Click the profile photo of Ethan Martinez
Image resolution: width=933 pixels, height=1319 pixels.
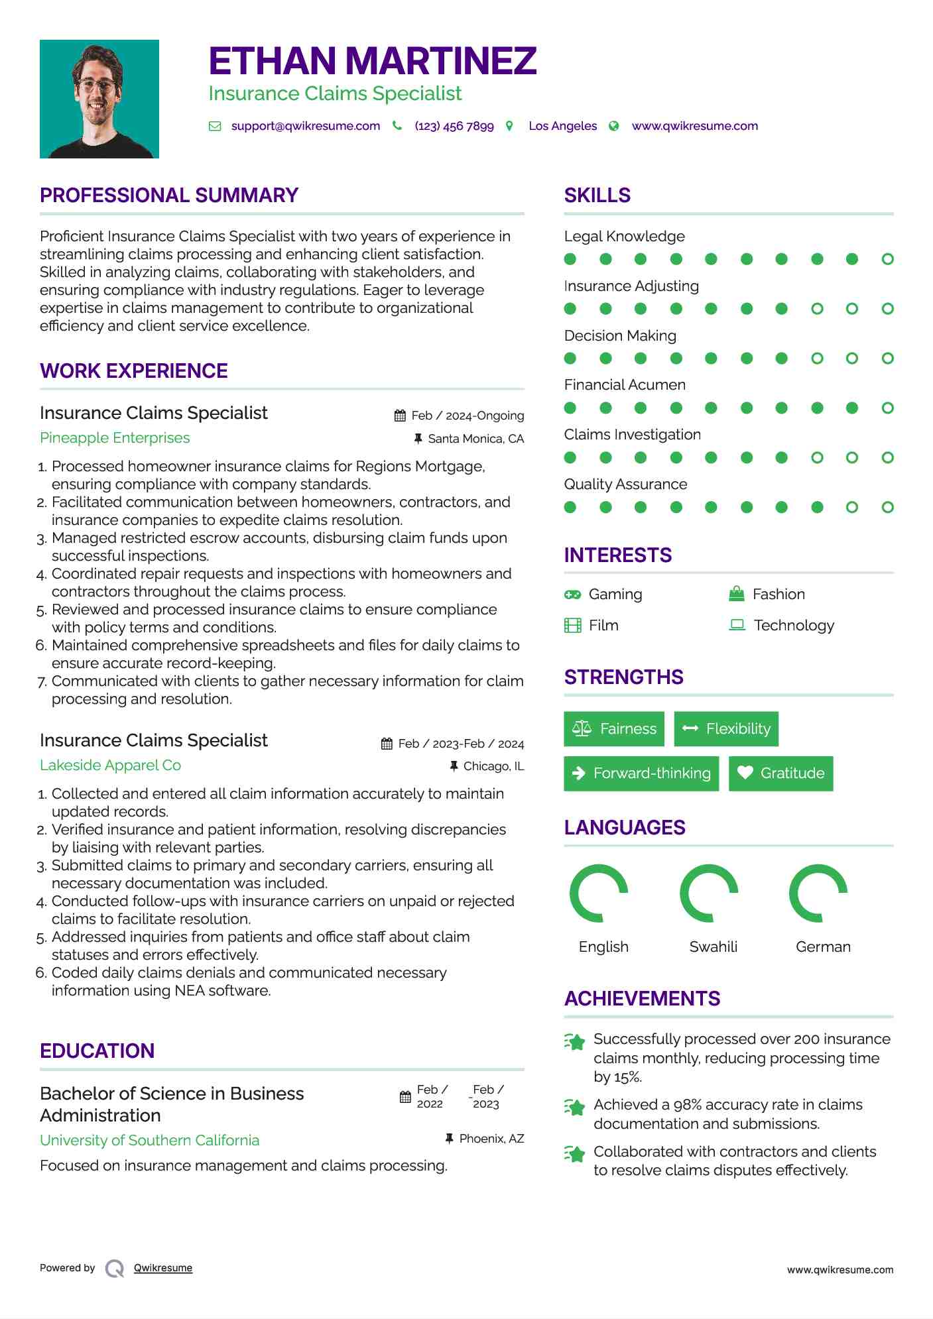click(99, 99)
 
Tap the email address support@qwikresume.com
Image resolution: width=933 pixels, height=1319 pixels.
click(305, 126)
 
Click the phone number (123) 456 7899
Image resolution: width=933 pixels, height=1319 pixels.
click(454, 126)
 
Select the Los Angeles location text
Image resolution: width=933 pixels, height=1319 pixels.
click(562, 126)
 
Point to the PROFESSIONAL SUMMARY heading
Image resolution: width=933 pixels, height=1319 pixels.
click(169, 196)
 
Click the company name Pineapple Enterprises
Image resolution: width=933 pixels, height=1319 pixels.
click(115, 438)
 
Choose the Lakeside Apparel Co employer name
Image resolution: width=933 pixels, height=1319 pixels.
click(110, 766)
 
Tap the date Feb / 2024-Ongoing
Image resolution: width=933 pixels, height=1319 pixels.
click(467, 416)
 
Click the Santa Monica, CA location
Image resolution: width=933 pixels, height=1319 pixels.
click(475, 439)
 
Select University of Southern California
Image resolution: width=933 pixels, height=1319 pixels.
click(149, 1141)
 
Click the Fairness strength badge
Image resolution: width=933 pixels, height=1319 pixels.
click(614, 729)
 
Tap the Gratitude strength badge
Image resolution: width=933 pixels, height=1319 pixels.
click(780, 774)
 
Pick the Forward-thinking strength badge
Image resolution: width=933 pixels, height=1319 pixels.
click(641, 774)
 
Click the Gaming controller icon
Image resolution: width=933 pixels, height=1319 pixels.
click(572, 595)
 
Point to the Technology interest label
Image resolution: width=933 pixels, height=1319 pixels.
click(794, 626)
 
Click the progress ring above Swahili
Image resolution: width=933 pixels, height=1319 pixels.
click(709, 893)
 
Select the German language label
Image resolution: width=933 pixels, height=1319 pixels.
click(823, 947)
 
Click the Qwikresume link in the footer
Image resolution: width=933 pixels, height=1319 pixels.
click(163, 1268)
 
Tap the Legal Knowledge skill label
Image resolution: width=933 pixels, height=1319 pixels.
click(624, 237)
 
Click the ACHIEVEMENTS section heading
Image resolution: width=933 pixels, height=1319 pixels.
click(642, 999)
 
